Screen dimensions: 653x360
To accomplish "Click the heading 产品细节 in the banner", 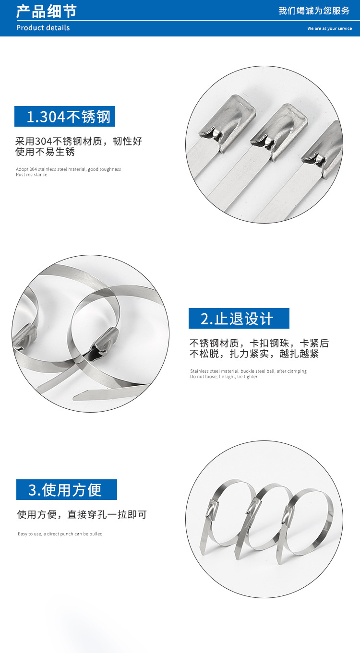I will [x=46, y=11].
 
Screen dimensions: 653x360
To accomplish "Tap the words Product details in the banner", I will [x=43, y=28].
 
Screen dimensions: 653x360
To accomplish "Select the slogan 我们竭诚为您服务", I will [x=314, y=11].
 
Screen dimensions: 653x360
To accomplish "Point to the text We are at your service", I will [x=329, y=29].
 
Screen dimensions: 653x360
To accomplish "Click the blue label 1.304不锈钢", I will [x=65, y=117].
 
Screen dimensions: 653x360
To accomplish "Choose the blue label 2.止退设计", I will [x=239, y=319].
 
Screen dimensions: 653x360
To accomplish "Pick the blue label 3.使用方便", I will [x=66, y=490].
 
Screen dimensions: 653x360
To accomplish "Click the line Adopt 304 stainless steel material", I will [x=68, y=169].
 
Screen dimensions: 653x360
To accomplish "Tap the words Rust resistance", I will [x=32, y=175].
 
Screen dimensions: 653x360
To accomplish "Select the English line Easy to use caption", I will [x=60, y=534].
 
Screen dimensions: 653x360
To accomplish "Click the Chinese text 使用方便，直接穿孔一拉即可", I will [x=82, y=515].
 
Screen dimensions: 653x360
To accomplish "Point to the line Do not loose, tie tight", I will [x=224, y=377].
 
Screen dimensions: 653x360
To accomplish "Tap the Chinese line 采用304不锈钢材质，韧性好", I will [x=79, y=142].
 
